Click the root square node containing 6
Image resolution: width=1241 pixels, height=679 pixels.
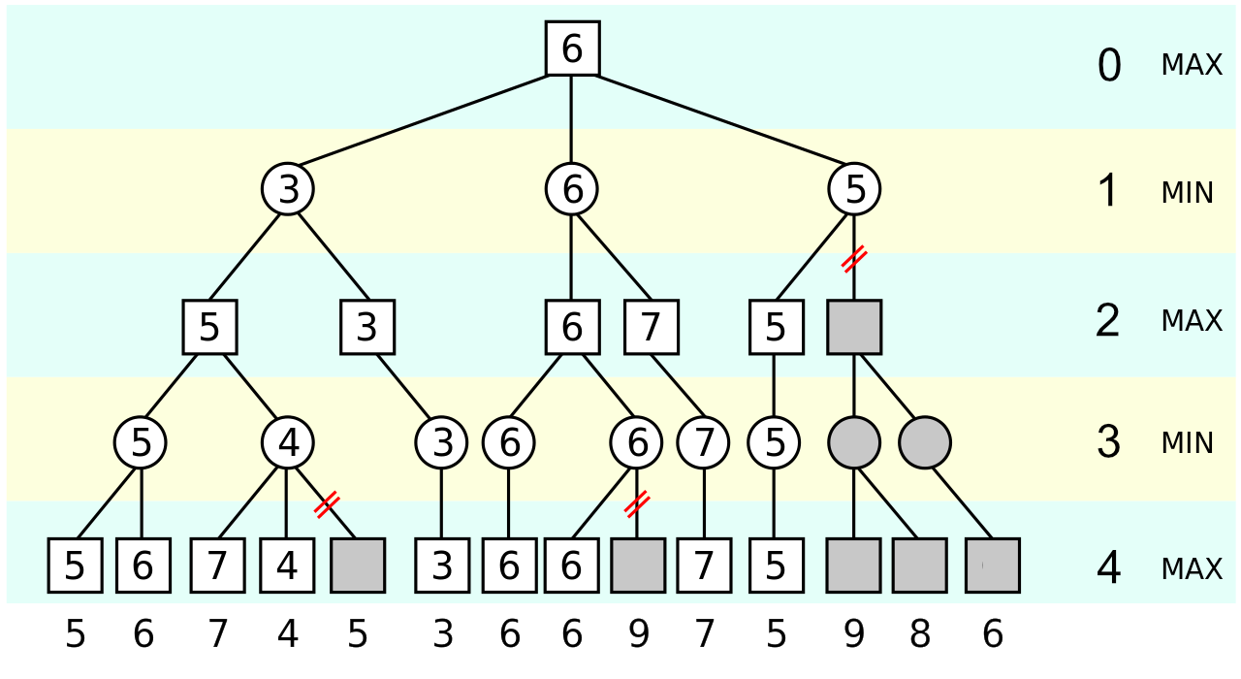(572, 48)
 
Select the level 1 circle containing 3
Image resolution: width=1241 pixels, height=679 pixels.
(288, 189)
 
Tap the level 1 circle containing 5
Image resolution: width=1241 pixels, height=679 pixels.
(854, 189)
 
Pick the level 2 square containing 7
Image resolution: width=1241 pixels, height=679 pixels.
(651, 327)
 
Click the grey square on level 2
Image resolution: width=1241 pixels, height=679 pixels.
(854, 327)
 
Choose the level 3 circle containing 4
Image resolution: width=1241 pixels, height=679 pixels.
(288, 443)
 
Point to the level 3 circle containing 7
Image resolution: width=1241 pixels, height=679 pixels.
(703, 443)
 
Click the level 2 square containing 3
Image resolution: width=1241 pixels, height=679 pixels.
(366, 327)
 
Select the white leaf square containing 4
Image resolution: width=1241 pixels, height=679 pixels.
(287, 566)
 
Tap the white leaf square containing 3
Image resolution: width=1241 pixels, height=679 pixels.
(442, 566)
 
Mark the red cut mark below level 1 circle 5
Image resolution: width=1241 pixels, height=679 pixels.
(854, 259)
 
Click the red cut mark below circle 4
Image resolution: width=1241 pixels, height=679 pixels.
(327, 503)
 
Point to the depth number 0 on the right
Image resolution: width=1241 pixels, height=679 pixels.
(1109, 66)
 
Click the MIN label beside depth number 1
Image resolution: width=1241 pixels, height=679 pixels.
(1187, 193)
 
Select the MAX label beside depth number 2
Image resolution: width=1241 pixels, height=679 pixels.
(1192, 320)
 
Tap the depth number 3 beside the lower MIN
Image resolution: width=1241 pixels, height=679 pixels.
(1109, 442)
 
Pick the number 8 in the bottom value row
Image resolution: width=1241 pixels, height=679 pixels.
(920, 635)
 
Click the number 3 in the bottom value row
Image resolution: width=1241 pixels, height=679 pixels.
(442, 635)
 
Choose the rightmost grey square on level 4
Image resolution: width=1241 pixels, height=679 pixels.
(993, 566)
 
